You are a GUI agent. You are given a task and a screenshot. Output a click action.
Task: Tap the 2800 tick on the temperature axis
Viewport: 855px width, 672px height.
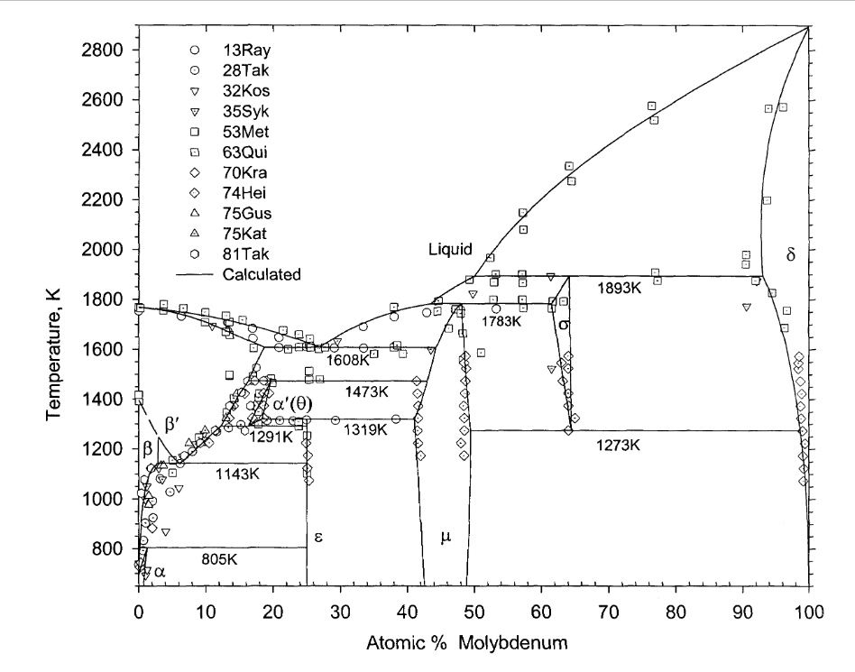click(x=107, y=50)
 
